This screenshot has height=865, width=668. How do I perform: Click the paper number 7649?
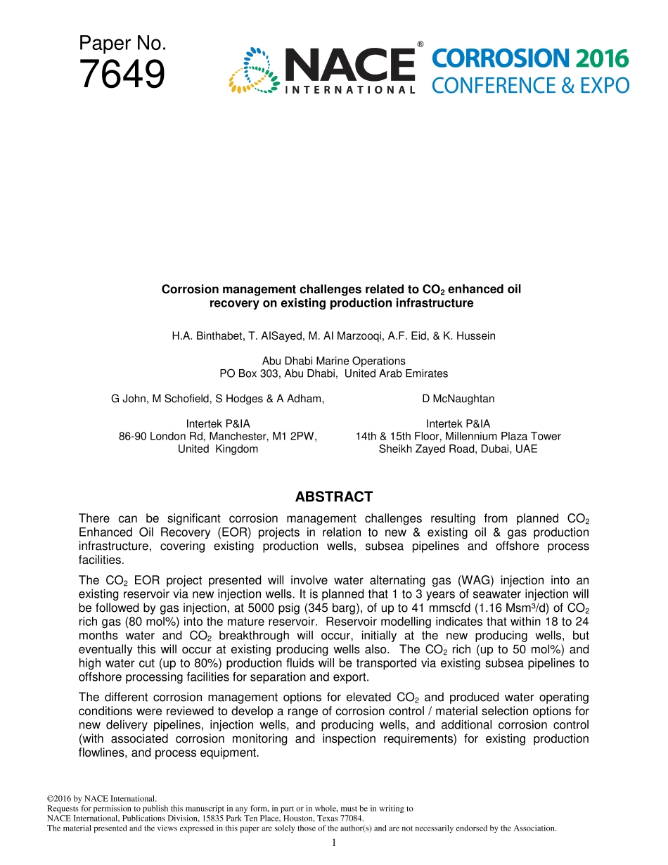click(x=122, y=75)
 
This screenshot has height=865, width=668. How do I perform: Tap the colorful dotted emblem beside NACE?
click(x=253, y=70)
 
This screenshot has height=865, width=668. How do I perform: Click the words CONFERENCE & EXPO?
click(x=530, y=86)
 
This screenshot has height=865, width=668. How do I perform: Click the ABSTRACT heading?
click(x=333, y=497)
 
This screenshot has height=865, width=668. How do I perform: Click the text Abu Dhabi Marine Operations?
click(x=333, y=361)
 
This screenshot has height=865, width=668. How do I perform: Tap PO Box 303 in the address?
click(x=247, y=373)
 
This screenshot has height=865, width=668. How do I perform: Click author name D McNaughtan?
click(x=458, y=399)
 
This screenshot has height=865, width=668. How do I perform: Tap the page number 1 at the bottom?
click(x=333, y=842)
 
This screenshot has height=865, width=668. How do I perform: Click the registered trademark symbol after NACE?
click(x=420, y=44)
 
